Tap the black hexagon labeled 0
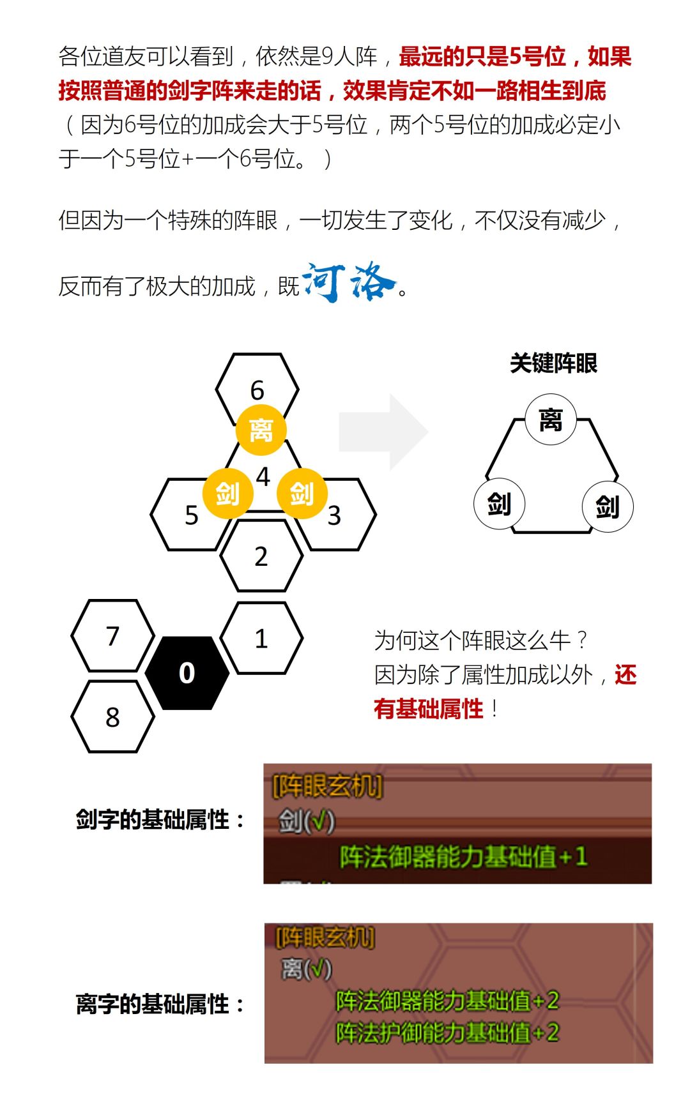tap(187, 673)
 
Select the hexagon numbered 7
tap(113, 635)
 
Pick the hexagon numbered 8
tap(113, 716)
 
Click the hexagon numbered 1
tap(261, 638)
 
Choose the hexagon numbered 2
tap(261, 556)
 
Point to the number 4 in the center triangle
tap(263, 476)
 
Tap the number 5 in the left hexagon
tap(192, 515)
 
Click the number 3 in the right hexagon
tap(334, 515)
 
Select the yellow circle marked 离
tap(261, 430)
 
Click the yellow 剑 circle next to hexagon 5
tap(227, 494)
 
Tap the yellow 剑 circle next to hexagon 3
tap(302, 494)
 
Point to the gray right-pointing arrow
tap(383, 432)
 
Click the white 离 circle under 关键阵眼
tap(551, 420)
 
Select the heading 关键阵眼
tap(553, 363)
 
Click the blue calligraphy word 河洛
tap(349, 282)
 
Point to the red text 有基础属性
tap(429, 709)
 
